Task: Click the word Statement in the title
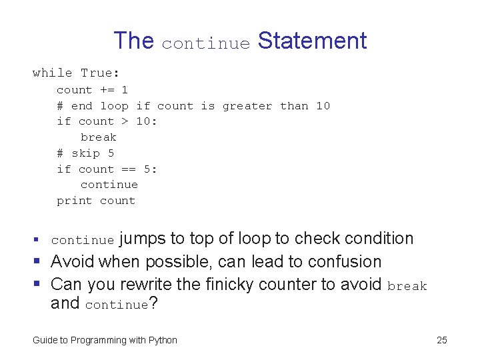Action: pos(312,41)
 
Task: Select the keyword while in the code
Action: pos(52,73)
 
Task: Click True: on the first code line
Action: pos(101,73)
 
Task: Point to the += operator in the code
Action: pos(107,89)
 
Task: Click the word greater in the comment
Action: pos(247,106)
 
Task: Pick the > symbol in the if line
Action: pos(125,121)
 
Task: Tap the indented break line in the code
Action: pos(99,137)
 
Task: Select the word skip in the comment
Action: pos(85,153)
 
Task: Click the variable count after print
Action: pos(117,201)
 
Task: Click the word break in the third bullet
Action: pos(407,286)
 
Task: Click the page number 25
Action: pos(441,340)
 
